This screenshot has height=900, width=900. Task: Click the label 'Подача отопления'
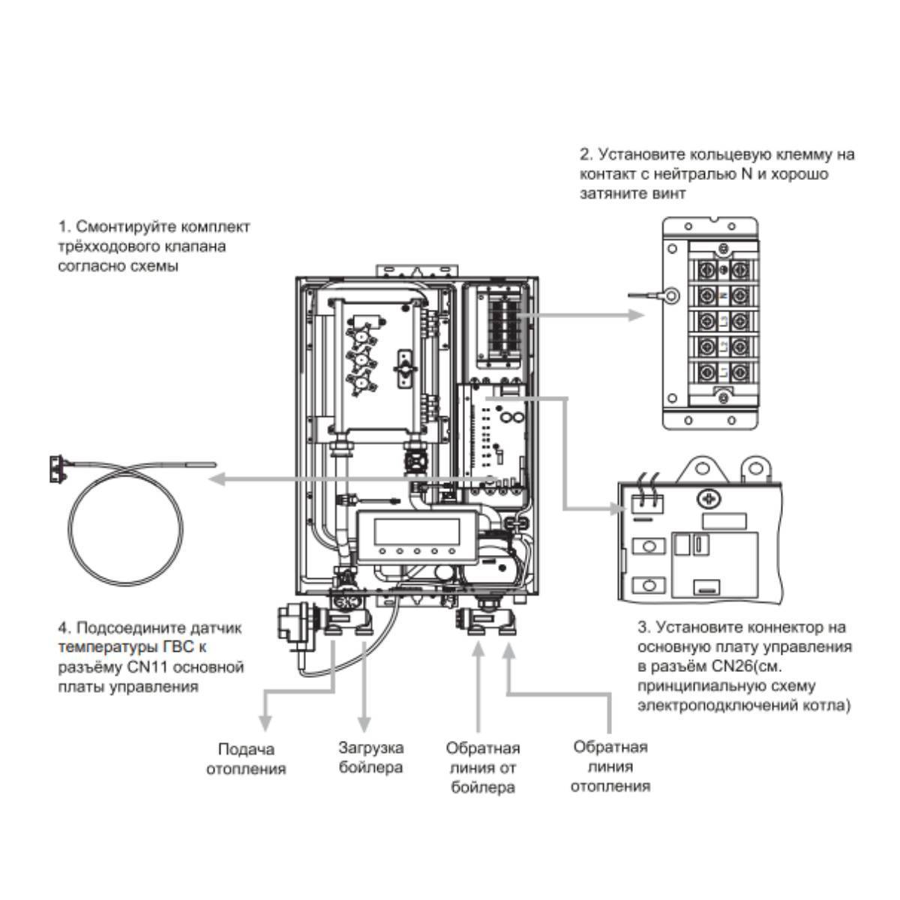point(246,759)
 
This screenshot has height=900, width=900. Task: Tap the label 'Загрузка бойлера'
point(370,757)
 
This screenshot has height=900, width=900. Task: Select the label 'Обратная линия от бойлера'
point(482,768)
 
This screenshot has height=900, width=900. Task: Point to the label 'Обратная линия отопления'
point(610,766)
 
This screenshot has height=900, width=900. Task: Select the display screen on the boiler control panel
point(417,532)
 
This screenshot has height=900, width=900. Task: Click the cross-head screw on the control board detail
point(706,498)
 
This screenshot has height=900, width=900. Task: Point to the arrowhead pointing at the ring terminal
point(637,315)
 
